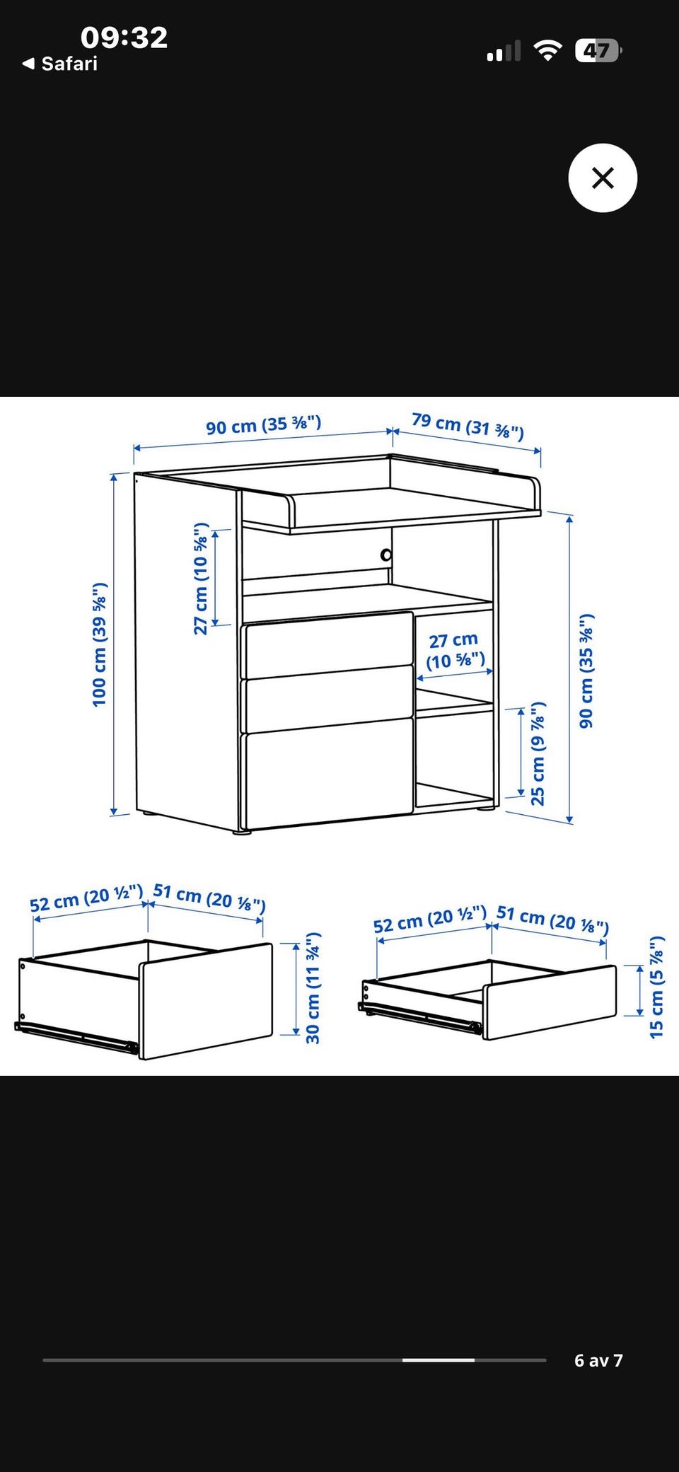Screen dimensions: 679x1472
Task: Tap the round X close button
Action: (603, 178)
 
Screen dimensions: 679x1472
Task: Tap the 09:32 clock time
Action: (124, 37)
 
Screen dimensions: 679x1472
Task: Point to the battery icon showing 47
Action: (598, 51)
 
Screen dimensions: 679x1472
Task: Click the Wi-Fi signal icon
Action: (547, 51)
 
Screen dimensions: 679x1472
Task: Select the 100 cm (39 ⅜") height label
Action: (100, 644)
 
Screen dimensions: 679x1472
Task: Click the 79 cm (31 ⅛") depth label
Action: (468, 426)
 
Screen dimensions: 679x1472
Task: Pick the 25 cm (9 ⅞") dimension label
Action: (538, 753)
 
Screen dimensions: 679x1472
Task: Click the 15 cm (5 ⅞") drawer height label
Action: (657, 987)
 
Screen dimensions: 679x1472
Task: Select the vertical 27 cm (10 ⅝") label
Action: (202, 579)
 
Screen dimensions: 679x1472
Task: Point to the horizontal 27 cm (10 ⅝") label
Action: (455, 651)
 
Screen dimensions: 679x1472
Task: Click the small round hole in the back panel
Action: (386, 555)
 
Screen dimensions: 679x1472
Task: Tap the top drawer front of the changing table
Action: (328, 645)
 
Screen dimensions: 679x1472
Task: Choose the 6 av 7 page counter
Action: (598, 1360)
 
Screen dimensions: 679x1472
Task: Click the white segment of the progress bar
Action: (439, 1360)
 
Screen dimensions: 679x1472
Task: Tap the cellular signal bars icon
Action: (504, 51)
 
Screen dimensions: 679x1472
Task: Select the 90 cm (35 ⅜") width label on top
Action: (264, 425)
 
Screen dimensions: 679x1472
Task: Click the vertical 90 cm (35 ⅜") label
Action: (586, 671)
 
